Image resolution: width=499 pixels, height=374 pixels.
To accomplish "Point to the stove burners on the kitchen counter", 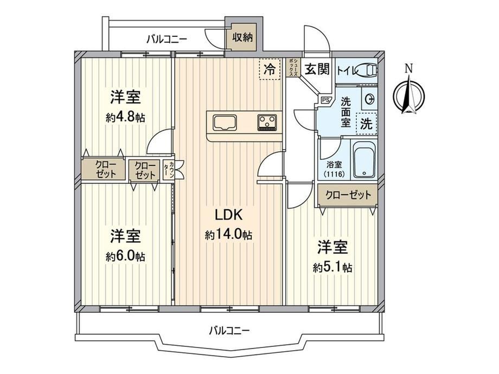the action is (267, 122).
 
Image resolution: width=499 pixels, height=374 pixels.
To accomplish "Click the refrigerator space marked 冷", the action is (270, 69).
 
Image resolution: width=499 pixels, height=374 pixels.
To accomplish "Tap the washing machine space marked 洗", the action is (366, 124).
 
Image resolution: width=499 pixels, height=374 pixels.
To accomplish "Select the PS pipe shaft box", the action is (325, 100).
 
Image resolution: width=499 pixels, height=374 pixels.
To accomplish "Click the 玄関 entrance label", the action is (317, 69).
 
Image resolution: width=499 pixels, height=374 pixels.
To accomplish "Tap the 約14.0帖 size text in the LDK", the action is (228, 235).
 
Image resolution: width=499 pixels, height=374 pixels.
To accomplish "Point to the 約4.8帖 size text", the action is (125, 118).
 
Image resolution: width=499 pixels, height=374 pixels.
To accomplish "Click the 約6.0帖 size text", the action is (125, 256).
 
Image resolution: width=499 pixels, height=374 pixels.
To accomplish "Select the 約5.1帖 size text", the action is (332, 268).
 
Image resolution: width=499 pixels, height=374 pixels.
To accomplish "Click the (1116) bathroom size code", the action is (334, 175).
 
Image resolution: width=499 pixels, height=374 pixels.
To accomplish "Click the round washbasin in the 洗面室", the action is (370, 99).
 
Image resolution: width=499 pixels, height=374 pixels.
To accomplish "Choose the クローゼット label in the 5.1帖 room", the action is (348, 195).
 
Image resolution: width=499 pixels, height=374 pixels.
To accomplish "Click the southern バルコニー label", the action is (229, 331).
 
